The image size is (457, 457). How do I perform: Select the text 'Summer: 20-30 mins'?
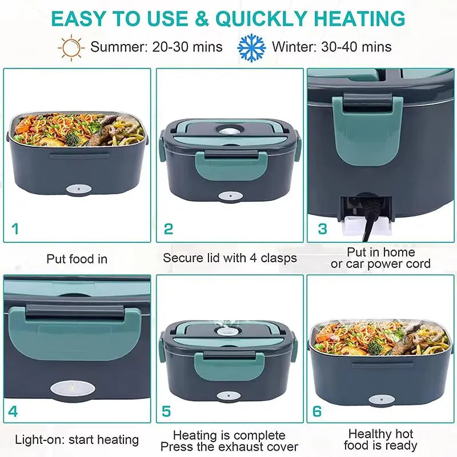[x=156, y=47]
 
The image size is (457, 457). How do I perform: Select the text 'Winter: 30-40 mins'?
[x=332, y=47]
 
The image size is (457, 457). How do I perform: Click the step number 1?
[x=15, y=229]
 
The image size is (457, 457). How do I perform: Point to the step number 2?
[x=168, y=229]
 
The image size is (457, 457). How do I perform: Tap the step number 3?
[x=323, y=229]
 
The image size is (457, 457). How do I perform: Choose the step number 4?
[x=13, y=411]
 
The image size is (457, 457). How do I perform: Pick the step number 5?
[x=167, y=411]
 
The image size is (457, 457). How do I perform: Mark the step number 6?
[x=317, y=411]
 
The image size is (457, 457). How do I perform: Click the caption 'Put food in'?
[x=77, y=259]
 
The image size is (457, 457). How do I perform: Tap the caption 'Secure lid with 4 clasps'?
[x=230, y=258]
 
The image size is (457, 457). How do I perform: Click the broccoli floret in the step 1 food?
[x=73, y=138]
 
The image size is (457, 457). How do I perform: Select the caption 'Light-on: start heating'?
[x=77, y=440]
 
